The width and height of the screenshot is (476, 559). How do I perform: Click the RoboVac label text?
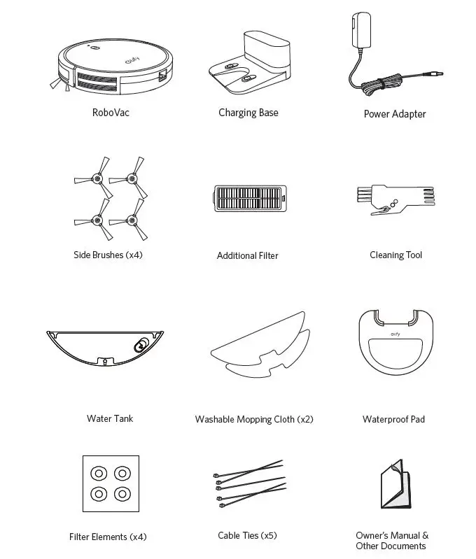coord(111,112)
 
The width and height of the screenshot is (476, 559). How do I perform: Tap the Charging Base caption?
coord(248,113)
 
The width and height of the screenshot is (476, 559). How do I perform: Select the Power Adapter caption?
coord(395,114)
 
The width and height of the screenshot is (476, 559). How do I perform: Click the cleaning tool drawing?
coord(395,200)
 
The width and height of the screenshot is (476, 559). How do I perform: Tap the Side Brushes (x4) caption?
coord(108,255)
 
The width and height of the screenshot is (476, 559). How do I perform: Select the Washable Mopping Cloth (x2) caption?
coord(254,419)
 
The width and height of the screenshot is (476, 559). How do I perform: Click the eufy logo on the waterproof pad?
coord(395,337)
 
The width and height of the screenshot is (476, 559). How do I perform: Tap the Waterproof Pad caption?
coord(393,419)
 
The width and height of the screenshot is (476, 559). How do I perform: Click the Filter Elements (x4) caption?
coord(108,537)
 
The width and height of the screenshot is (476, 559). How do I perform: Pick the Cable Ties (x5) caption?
coord(247,535)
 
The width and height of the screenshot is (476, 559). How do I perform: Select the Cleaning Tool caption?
coord(395,255)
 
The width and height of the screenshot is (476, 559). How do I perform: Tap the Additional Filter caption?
coord(247,255)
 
